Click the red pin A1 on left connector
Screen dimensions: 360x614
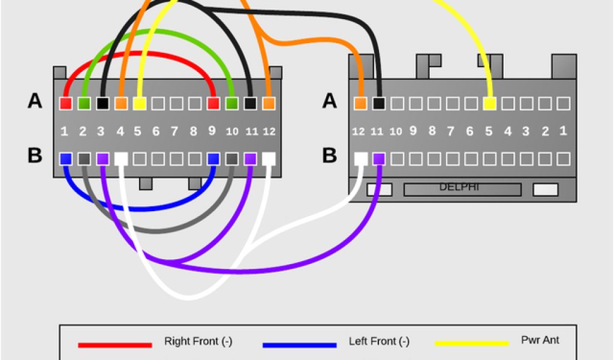pos(66,103)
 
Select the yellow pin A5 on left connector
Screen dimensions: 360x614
pos(139,103)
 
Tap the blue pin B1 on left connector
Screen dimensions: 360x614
pos(66,159)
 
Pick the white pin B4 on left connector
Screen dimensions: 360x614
pos(121,159)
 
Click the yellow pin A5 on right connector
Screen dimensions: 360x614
pos(489,103)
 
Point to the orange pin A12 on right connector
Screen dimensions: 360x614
pos(360,103)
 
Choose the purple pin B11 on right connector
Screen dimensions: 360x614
pos(378,159)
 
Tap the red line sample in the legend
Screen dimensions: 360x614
pos(115,345)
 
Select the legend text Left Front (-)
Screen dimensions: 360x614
pos(379,342)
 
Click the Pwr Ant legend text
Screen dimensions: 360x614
pos(540,340)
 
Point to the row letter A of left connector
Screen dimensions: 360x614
pos(35,101)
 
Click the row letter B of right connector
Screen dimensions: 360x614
pos(329,155)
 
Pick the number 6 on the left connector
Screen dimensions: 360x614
pos(156,131)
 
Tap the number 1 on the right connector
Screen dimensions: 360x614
pos(562,131)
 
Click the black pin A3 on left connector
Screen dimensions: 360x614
pos(103,103)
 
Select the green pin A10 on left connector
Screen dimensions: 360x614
pos(231,103)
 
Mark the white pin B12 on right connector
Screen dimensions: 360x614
pos(360,159)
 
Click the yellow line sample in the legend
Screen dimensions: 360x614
pos(471,344)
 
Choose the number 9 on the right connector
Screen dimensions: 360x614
pos(413,131)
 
